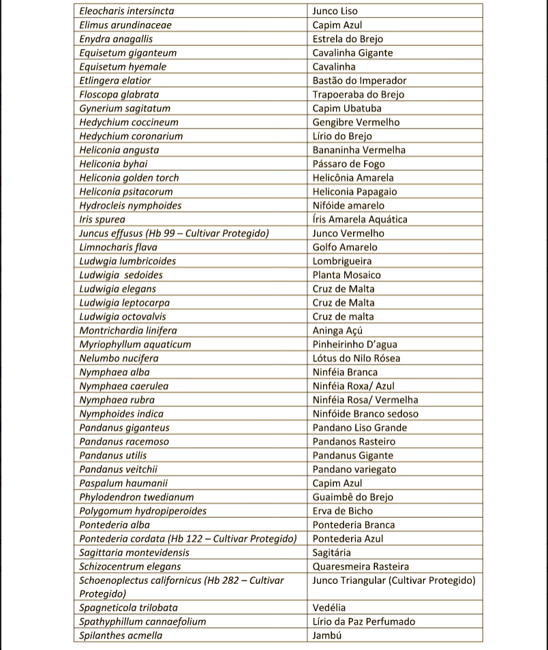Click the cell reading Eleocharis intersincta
127,11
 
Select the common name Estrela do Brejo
348,39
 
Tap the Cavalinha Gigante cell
352,52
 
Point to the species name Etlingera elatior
115,80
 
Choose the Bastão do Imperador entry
359,80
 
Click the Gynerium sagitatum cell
125,108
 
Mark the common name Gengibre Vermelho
356,122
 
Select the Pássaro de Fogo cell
348,164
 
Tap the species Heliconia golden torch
130,178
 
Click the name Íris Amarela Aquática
360,219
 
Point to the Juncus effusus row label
174,233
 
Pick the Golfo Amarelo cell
344,247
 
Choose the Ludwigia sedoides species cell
121,275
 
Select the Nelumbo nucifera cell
119,358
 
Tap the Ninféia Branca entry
345,372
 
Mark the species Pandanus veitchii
118,469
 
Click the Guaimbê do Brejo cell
352,497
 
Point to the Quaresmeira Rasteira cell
361,566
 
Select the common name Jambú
327,636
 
